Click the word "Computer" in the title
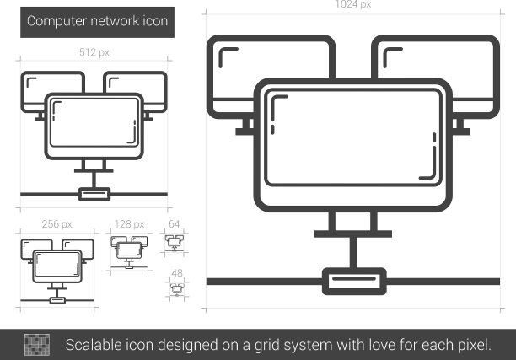pos(57,21)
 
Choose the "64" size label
pos(174,224)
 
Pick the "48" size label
pos(177,273)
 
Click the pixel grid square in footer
pos(37,345)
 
